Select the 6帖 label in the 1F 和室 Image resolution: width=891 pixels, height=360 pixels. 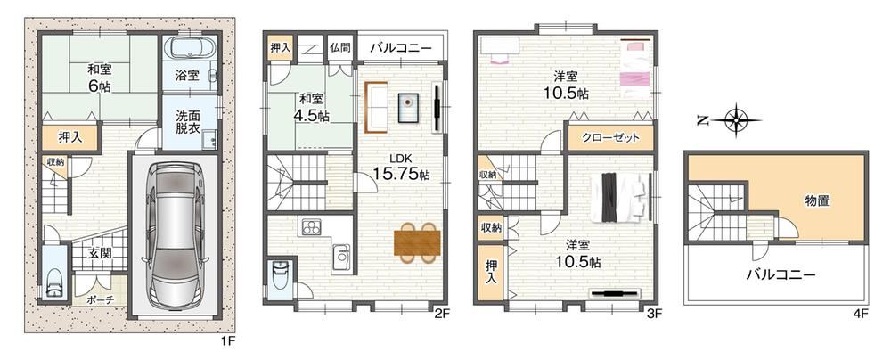coord(100,86)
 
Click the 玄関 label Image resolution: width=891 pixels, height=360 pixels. coord(100,254)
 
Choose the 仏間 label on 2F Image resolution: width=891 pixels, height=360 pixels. coord(339,47)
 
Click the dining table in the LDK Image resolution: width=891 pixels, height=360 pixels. coord(417,242)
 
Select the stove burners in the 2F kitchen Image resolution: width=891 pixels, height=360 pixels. coord(311,227)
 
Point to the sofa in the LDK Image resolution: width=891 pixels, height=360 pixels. coord(375,107)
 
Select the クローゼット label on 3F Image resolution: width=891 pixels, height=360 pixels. coord(610,137)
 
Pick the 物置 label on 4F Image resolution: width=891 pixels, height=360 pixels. coord(816,200)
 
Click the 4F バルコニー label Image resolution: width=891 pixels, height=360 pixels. coord(781,275)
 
